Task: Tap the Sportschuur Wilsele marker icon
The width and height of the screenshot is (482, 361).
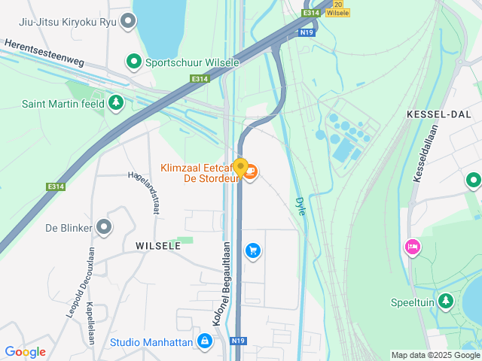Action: point(133,62)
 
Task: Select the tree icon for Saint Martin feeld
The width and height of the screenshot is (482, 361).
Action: point(115,103)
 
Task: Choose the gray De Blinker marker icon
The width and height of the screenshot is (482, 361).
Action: point(104,226)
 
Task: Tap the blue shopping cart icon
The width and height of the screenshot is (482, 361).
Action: point(253,250)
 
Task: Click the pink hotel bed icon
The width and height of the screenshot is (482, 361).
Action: point(412,247)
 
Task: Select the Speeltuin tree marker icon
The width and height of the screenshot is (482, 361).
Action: point(447,302)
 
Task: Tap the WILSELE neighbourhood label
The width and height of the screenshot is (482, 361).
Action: point(158,246)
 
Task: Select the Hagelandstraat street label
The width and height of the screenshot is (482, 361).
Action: point(145,192)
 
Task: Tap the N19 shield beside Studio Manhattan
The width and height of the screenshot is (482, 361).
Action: point(239,341)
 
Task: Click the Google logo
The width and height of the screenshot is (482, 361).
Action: point(25,352)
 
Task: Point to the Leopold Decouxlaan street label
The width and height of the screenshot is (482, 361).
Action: point(78,283)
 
